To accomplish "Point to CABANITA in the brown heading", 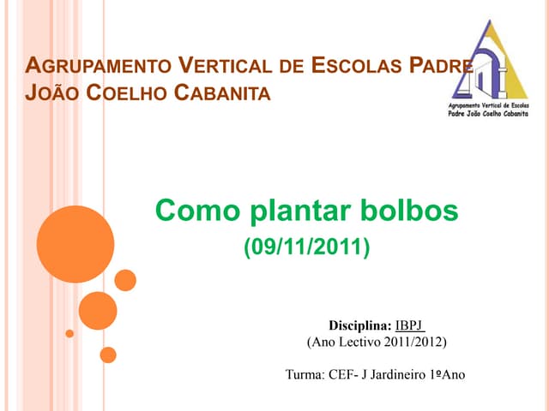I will (222, 92).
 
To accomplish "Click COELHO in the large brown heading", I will (129, 92).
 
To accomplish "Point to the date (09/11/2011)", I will (307, 248).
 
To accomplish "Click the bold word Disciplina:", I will (360, 325).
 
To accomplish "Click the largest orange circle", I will (75, 244).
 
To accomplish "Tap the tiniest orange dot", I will (69, 333).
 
